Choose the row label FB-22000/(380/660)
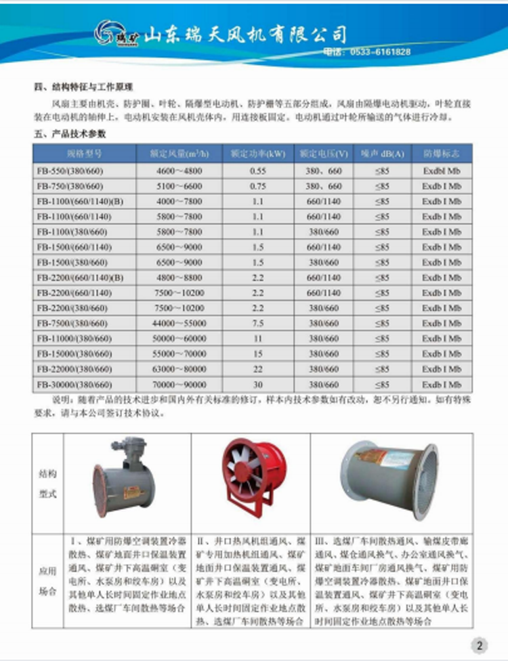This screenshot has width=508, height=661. click(72, 369)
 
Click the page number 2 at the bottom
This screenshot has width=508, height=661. click(478, 645)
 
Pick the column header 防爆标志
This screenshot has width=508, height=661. click(441, 154)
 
